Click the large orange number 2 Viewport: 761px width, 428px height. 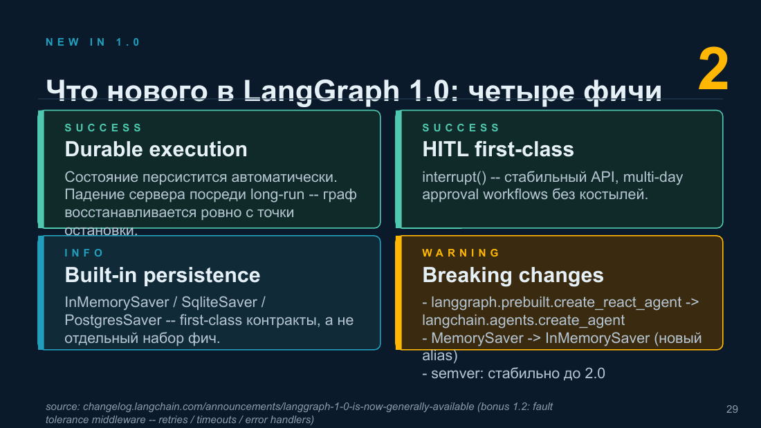coord(713,69)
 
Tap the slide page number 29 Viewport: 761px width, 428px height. coord(732,409)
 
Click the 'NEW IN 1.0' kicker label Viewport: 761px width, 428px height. coord(93,42)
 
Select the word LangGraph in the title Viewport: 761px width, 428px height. coord(321,91)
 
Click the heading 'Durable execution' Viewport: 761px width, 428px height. coord(156,149)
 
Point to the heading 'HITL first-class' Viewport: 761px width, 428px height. coord(498,149)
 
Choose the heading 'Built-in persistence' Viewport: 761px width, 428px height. coord(163,275)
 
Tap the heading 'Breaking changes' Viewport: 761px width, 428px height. coord(513,275)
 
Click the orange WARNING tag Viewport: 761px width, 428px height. coord(461,253)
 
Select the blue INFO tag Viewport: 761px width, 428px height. coord(84,253)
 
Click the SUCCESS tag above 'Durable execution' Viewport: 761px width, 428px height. coord(103,128)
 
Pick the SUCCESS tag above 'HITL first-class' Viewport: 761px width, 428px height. coord(461,128)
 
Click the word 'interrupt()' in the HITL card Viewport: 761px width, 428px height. coord(455,177)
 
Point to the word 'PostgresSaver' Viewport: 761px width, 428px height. coord(113,320)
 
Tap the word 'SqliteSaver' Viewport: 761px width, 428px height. coord(219,302)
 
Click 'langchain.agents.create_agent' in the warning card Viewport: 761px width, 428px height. coord(523,320)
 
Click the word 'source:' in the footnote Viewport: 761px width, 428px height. coord(62,407)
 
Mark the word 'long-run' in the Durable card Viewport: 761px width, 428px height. coord(277,194)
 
